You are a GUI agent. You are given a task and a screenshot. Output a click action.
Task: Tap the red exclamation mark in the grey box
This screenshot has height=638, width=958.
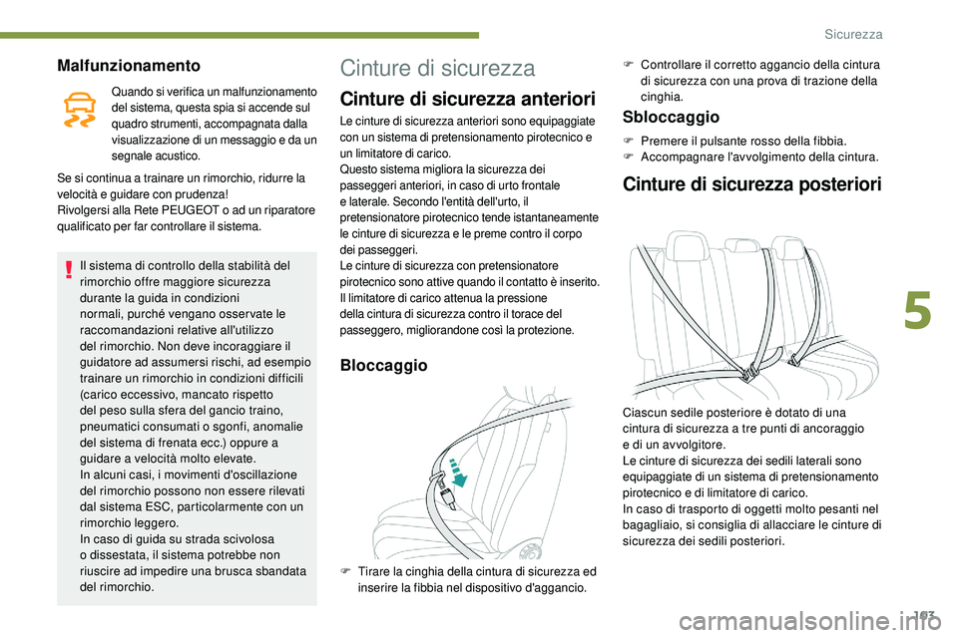(x=67, y=266)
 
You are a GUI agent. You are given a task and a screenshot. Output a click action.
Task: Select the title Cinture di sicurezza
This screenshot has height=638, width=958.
(x=437, y=68)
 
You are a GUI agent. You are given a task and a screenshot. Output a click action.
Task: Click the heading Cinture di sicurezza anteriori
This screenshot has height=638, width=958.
(x=468, y=99)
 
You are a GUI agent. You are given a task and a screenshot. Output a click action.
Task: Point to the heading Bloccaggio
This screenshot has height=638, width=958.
(x=384, y=366)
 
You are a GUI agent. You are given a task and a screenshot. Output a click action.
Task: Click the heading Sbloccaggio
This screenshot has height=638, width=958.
(x=670, y=117)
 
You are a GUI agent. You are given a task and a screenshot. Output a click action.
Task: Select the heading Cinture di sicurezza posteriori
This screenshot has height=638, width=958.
(x=751, y=183)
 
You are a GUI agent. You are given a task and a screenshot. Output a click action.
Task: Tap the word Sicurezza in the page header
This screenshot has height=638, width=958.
(x=853, y=34)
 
